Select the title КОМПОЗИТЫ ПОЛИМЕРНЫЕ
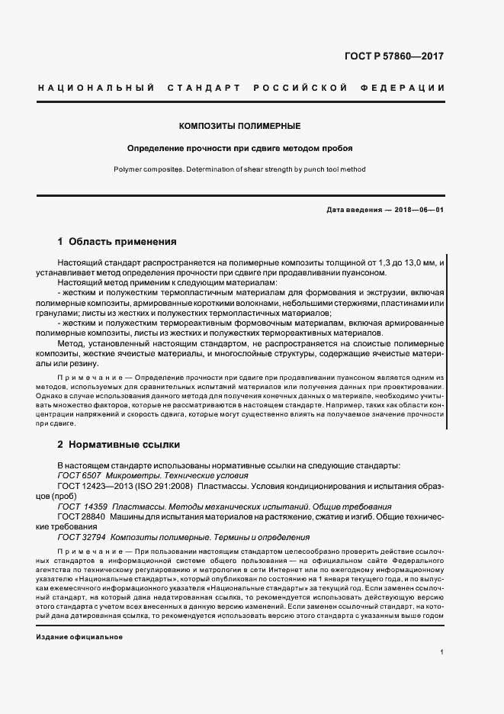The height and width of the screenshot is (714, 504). tap(239, 125)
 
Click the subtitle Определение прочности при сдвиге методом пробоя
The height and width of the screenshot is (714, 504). tap(239, 148)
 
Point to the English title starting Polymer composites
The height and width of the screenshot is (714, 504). tap(239, 170)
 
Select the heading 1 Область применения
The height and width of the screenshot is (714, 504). tap(117, 242)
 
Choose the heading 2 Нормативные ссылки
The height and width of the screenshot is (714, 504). tap(119, 443)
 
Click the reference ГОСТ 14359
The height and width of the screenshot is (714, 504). tap(81, 506)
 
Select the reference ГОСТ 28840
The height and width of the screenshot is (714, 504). tap(80, 516)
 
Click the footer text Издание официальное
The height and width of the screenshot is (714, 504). tap(79, 636)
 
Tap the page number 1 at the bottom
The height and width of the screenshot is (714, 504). tap(442, 652)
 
